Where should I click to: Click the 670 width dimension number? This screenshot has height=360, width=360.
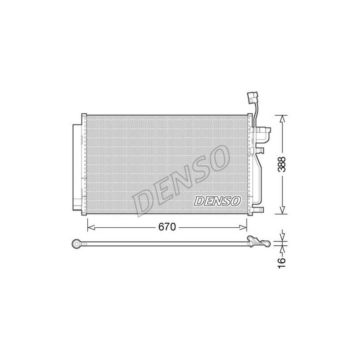coord(167,227)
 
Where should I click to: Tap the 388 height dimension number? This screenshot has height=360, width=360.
coord(282,164)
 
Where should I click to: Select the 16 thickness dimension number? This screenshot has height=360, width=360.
coord(282,263)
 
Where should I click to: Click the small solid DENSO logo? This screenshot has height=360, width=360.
coord(217,201)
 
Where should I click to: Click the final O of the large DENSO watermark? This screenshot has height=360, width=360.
coord(219,158)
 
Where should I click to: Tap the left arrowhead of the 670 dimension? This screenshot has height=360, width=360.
coord(91,228)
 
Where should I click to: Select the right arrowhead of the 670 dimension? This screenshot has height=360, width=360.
coord(243,228)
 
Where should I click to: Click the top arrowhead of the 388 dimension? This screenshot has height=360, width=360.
coord(282,118)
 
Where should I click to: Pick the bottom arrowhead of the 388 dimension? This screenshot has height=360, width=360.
coord(282,210)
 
